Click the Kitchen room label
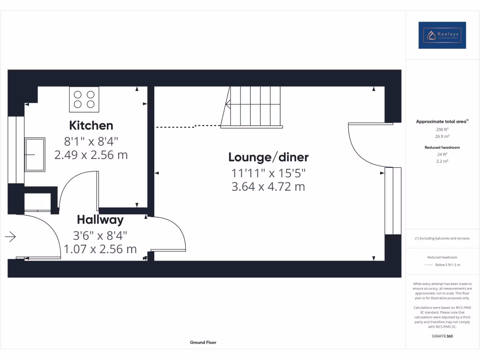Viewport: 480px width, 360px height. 91,126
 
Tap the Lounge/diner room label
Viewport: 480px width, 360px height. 268,157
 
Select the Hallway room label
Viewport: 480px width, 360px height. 100,219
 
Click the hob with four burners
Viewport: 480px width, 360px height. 84,99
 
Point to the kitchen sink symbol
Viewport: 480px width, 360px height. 35,154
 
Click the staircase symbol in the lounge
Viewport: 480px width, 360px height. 253,107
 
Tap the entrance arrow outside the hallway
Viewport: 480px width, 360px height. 10,237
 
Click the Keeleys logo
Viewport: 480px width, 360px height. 442,35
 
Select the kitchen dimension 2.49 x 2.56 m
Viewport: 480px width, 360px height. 91,155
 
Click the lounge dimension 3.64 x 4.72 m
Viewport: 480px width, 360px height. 268,187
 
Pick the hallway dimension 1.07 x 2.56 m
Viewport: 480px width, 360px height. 100,249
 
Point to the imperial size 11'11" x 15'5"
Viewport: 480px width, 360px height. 268,172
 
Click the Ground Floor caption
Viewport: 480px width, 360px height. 203,343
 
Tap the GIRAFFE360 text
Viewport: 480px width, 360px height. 442,336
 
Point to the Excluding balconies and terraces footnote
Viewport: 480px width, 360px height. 442,239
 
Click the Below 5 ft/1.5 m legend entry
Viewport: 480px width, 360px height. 448,265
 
